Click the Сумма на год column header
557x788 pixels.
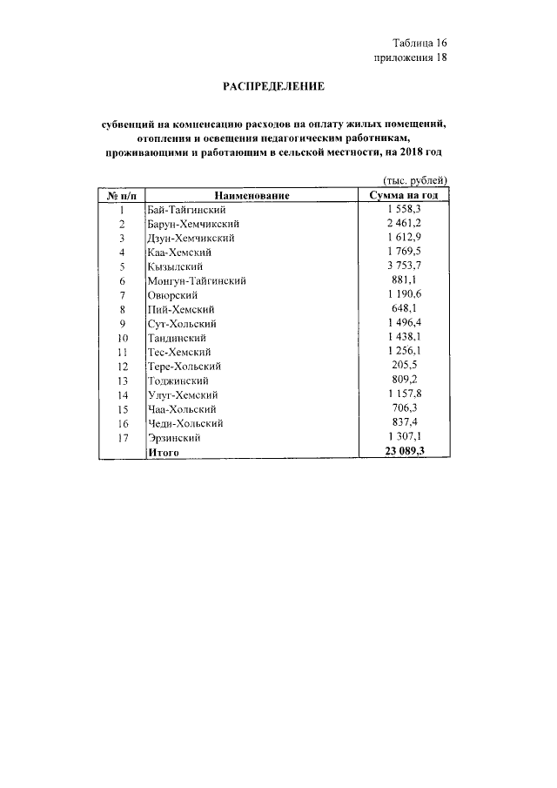click(x=404, y=196)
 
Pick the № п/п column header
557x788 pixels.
click(x=123, y=196)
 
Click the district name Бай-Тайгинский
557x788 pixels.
click(x=187, y=211)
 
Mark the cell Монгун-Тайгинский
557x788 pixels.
click(x=198, y=281)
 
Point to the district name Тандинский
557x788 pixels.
click(x=178, y=338)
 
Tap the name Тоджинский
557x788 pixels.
click(x=178, y=381)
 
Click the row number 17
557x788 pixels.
click(x=123, y=438)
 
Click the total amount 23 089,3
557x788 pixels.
click(x=404, y=452)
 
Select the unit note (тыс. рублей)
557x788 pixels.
click(x=404, y=180)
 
